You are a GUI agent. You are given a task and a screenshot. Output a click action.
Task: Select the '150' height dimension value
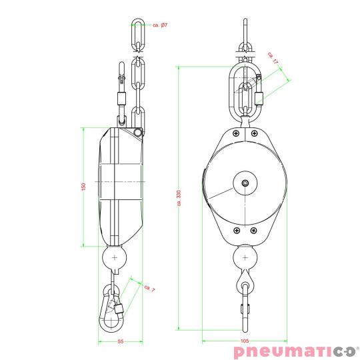[83, 187]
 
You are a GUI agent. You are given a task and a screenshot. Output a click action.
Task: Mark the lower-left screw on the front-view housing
[235, 230]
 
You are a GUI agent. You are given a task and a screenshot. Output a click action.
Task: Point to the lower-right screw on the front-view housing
[255, 230]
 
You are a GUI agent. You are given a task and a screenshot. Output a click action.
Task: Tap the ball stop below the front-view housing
[245, 257]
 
